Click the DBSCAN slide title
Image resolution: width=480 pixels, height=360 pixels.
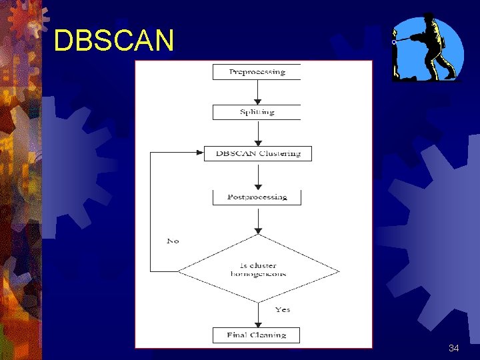click(113, 41)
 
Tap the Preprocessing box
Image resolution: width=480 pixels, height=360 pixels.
click(257, 72)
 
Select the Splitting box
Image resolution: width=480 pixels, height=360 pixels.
click(257, 112)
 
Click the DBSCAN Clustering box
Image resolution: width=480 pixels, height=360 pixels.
click(257, 153)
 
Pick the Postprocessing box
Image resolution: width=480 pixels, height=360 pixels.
click(257, 197)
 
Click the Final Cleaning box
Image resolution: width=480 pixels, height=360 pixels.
click(257, 335)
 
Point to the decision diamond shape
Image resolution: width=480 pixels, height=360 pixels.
click(258, 270)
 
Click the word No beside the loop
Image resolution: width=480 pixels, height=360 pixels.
click(173, 241)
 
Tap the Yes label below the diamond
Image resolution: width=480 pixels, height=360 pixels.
click(283, 309)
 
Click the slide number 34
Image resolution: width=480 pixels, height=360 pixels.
click(453, 349)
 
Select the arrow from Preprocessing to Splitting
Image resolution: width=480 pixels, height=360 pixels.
click(258, 92)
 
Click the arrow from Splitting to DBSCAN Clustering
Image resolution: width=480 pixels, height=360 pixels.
click(258, 133)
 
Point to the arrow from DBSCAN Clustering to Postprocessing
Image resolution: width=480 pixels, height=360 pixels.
click(258, 175)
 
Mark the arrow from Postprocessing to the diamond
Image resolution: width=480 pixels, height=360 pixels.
click(258, 219)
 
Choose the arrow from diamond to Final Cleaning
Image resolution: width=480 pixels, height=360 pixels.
click(258, 315)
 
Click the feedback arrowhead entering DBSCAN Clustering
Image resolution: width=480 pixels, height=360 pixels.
click(198, 153)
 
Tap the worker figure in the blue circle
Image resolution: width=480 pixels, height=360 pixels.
click(427, 48)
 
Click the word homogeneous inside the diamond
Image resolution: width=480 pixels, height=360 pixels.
click(258, 274)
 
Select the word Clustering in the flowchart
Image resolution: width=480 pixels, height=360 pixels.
click(280, 153)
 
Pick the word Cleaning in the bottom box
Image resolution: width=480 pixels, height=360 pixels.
click(270, 335)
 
